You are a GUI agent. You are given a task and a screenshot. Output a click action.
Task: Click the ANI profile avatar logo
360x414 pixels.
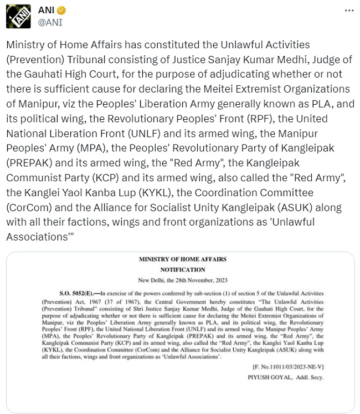tap(19, 17)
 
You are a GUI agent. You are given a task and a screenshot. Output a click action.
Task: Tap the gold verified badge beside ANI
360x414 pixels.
tap(62, 11)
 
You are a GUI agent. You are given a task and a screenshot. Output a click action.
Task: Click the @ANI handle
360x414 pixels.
tap(50, 23)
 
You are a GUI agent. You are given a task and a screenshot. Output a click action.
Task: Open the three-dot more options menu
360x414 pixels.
tap(348, 11)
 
